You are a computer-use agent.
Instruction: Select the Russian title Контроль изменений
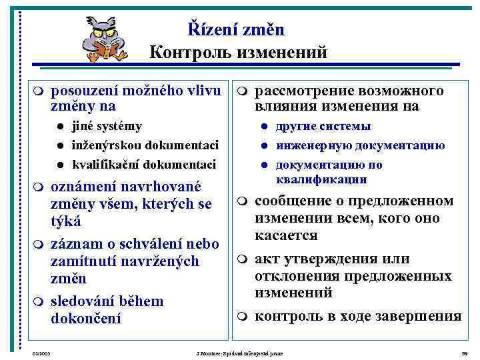pos(238,52)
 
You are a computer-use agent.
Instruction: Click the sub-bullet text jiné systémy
pos(107,127)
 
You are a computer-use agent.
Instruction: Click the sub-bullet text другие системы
pos(323,127)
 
